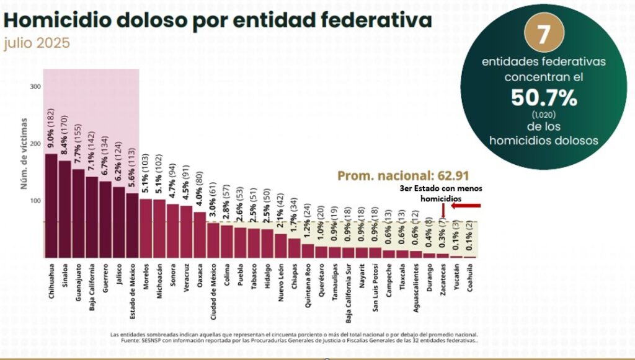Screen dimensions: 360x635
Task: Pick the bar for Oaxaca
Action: [x=200, y=235]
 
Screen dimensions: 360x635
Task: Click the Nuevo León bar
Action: [x=281, y=245]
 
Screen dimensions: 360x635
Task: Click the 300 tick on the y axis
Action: [x=35, y=87]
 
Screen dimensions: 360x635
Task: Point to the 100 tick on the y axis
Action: [x=35, y=201]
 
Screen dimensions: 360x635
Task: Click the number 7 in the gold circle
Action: [x=543, y=35]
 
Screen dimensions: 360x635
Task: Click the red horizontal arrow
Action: [x=466, y=206]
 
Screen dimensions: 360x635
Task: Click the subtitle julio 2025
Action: [x=37, y=45]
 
